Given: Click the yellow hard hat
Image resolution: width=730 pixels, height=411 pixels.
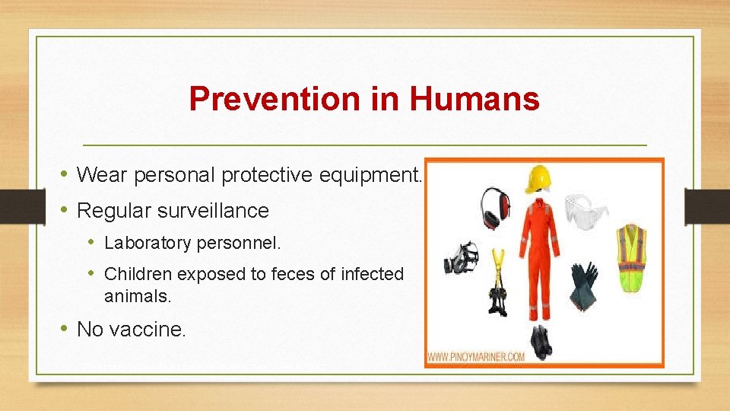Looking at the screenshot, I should tap(541, 180).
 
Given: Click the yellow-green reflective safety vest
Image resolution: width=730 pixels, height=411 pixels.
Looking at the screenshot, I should tap(630, 258).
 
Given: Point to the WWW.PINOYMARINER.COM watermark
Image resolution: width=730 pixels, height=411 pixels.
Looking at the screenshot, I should tap(476, 356).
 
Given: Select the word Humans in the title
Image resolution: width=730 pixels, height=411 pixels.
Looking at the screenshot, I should tap(474, 99).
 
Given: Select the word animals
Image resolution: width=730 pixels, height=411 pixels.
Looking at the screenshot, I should tap(138, 296).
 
